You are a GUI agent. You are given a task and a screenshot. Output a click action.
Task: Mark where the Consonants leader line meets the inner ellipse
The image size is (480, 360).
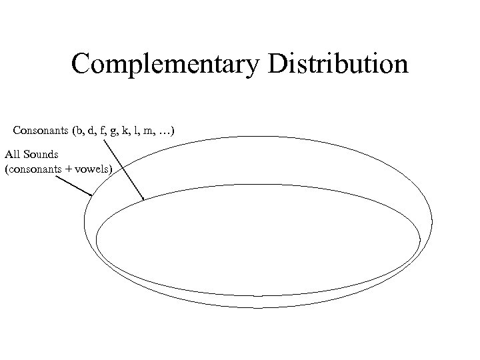(143, 199)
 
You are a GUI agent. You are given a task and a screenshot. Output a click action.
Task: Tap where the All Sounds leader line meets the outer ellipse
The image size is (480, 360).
(91, 195)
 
